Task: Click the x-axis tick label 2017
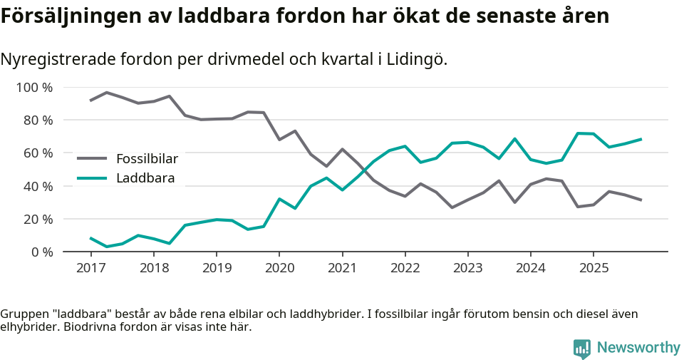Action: click(x=90, y=268)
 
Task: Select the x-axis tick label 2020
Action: click(x=279, y=268)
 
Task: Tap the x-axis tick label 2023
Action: click(x=467, y=268)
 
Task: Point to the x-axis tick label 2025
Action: click(x=594, y=268)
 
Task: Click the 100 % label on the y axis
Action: click(x=34, y=88)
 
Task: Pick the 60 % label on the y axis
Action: click(x=37, y=153)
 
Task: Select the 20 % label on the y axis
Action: click(x=37, y=219)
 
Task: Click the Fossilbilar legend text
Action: click(x=147, y=159)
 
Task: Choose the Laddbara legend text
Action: click(x=145, y=178)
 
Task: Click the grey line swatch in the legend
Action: click(x=92, y=159)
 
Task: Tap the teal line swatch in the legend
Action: click(x=92, y=178)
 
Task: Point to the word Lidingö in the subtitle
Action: click(x=420, y=60)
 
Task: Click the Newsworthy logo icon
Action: click(x=581, y=348)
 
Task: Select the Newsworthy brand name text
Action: click(x=638, y=348)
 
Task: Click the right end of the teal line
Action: click(x=641, y=139)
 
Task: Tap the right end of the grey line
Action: click(x=641, y=200)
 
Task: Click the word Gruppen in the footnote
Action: click(x=22, y=314)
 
